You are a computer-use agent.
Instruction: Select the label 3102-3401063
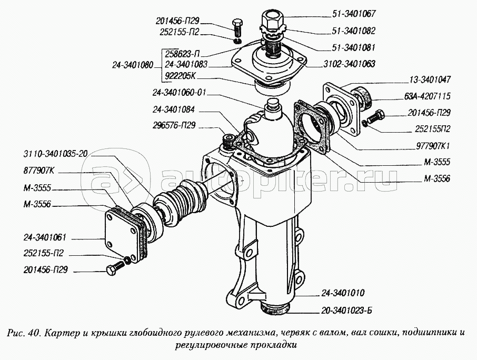(349, 64)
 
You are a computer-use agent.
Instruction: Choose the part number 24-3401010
(343, 293)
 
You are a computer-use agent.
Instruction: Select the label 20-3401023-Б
(346, 311)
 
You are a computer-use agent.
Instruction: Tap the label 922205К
(181, 76)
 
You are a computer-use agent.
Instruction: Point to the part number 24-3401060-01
(180, 93)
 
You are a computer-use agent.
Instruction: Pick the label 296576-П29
(175, 125)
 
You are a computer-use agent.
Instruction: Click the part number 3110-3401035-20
(55, 154)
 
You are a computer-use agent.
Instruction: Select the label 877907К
(38, 171)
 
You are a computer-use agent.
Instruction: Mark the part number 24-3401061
(45, 237)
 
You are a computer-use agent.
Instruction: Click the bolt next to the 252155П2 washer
(376, 116)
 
